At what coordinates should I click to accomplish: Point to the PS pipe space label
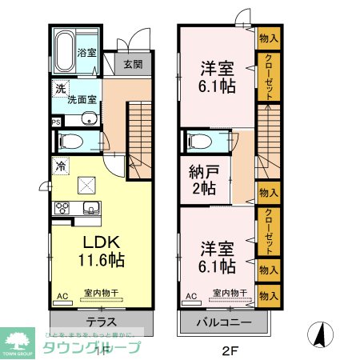click(55, 122)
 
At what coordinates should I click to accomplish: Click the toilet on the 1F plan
click(70, 142)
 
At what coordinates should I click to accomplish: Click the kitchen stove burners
click(62, 209)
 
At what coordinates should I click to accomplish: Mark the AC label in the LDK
click(61, 296)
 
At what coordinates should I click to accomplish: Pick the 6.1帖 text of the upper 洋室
click(216, 86)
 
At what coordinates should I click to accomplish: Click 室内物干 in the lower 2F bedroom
click(229, 294)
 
